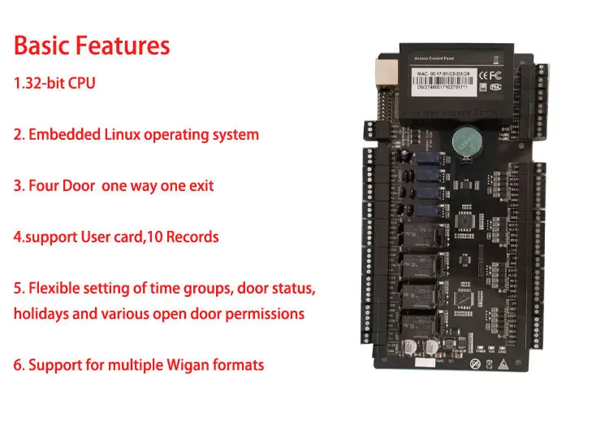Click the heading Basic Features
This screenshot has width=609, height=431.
(92, 45)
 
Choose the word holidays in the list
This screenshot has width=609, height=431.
(41, 314)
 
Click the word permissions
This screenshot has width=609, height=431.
(265, 314)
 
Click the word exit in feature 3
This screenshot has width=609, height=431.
(201, 185)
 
